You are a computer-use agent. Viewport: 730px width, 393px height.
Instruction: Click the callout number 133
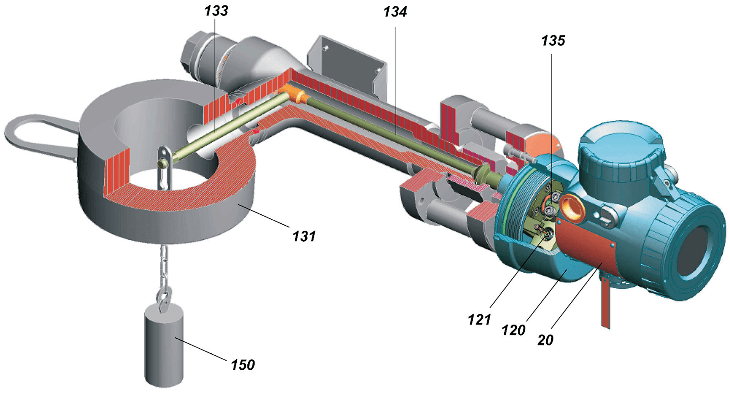click(x=216, y=11)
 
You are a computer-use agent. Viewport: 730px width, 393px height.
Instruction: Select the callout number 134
click(x=395, y=12)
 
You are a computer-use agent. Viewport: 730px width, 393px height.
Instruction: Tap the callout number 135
click(x=553, y=41)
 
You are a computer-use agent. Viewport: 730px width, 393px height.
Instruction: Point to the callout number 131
click(x=304, y=236)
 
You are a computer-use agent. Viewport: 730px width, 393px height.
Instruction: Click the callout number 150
click(x=242, y=365)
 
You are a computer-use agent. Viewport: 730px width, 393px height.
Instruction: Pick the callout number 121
click(x=479, y=320)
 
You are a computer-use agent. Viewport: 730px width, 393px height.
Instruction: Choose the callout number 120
click(x=513, y=330)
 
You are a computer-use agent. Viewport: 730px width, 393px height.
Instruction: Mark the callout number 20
click(x=545, y=340)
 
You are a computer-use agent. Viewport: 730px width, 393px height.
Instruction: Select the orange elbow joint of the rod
click(x=292, y=93)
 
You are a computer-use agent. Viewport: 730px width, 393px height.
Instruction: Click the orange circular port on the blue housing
click(x=572, y=207)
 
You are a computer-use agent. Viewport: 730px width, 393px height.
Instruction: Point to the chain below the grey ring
click(x=163, y=267)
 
